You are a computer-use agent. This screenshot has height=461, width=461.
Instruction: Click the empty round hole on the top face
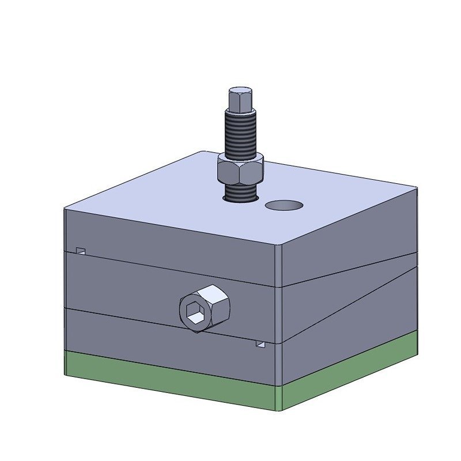click(284, 205)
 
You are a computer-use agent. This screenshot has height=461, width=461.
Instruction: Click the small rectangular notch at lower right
click(260, 344)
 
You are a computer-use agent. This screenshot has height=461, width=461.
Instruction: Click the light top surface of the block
click(173, 190)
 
